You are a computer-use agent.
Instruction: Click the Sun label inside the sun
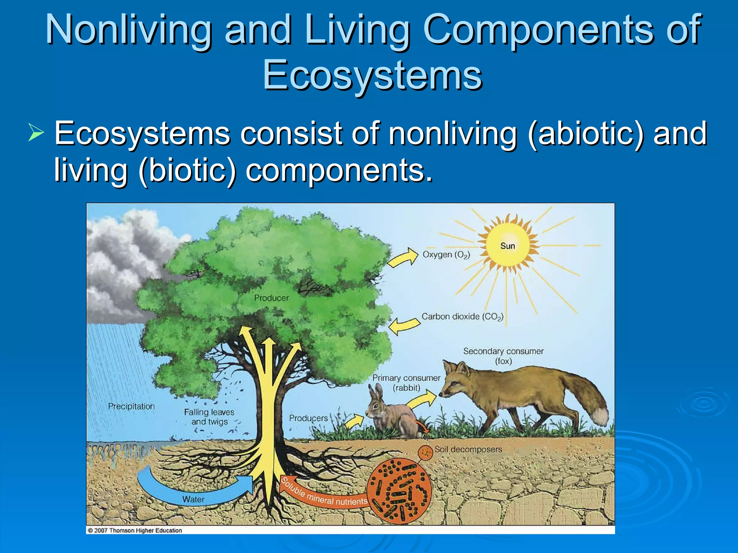click(507, 246)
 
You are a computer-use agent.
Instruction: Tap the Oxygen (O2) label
click(446, 255)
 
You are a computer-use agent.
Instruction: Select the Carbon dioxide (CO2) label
click(462, 317)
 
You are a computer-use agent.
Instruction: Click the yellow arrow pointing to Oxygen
click(403, 257)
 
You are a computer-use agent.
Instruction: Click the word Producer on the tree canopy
click(271, 298)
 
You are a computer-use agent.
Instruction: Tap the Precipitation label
click(131, 406)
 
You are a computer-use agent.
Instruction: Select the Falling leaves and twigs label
click(209, 417)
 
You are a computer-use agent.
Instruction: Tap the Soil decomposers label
click(468, 449)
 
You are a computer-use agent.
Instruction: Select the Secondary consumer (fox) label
click(503, 356)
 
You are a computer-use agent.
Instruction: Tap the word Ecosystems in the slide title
click(372, 75)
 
